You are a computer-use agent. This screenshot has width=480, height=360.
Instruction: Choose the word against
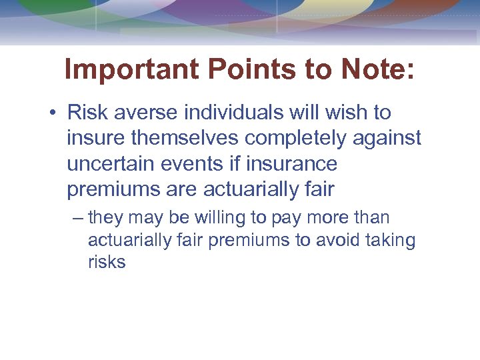coord(393,138)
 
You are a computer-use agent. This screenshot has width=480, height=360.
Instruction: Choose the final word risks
coord(107,262)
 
